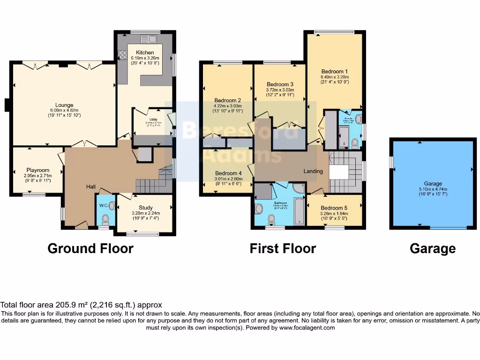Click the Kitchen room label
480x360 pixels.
pos(145,52)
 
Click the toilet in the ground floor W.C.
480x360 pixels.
pos(105,219)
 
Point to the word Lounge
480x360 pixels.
pos(64,105)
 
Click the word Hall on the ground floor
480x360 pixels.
pos(91,187)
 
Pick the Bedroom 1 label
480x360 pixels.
pos(335,71)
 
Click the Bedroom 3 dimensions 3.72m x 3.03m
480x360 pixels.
pos(280,90)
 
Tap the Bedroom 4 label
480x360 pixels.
pos(228,173)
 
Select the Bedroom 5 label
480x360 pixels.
pos(334,208)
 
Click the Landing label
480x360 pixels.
pos(313,171)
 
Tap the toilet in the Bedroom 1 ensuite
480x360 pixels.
pos(355,142)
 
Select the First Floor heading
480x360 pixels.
pos(283,248)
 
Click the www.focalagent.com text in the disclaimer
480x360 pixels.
pos(307,328)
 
